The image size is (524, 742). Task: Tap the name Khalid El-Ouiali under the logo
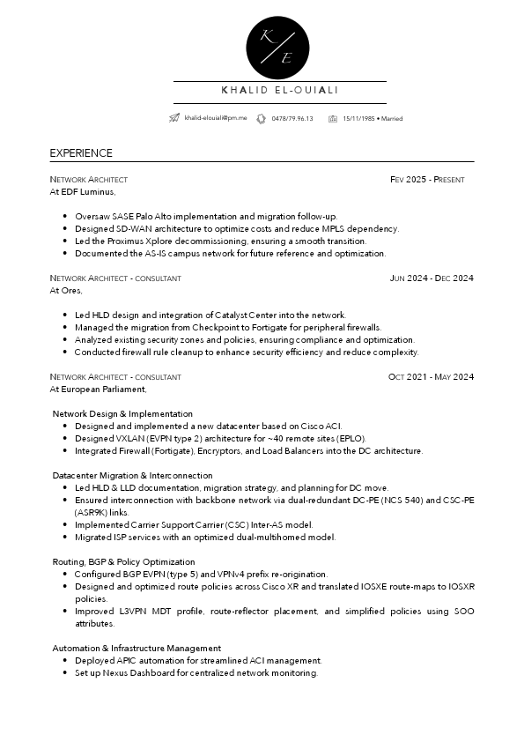pos(280,90)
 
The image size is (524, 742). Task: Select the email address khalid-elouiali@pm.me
pos(216,118)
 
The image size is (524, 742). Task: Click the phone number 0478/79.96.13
pos(292,118)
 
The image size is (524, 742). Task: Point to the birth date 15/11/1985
pos(358,118)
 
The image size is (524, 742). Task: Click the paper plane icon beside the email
pos(175,118)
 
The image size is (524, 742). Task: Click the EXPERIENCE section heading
pos(81,153)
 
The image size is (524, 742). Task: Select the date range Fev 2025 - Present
pos(427,180)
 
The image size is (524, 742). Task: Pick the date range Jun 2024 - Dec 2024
pos(432,278)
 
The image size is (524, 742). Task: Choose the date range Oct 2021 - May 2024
pos(431,377)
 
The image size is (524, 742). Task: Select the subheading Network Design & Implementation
pos(122,413)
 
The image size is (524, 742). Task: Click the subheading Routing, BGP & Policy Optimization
pos(123,561)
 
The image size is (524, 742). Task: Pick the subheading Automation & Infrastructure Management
pos(137,648)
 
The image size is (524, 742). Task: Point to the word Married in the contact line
pos(392,118)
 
